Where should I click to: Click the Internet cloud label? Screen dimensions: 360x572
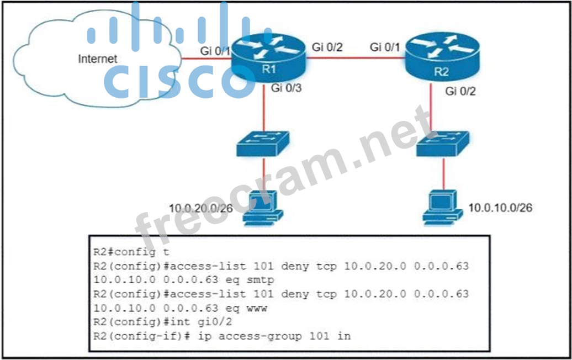(x=98, y=59)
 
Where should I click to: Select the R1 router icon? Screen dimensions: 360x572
(x=267, y=55)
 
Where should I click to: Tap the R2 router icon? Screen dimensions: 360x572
(x=441, y=57)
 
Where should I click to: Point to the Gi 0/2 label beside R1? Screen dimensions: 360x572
(x=327, y=47)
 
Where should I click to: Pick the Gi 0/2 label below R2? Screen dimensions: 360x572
(x=460, y=91)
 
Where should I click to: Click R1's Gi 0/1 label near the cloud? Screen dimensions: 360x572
(x=215, y=51)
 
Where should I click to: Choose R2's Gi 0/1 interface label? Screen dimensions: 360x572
(x=385, y=47)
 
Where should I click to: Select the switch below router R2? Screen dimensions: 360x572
(x=442, y=145)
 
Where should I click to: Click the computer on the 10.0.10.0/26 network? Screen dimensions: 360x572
(x=442, y=207)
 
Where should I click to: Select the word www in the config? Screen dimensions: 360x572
(x=256, y=308)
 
